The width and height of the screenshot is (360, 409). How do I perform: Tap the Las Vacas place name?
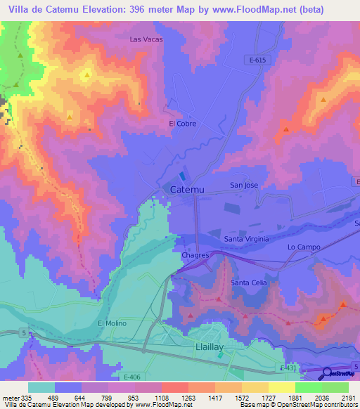point(146,39)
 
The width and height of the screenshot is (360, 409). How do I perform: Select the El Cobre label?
point(182,124)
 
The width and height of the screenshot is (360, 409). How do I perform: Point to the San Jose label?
point(245,186)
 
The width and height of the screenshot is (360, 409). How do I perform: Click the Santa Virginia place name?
point(246,239)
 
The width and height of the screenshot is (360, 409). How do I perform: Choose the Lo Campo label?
point(304,247)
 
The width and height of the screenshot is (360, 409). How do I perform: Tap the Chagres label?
point(195,256)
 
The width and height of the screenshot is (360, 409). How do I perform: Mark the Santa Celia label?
point(249,283)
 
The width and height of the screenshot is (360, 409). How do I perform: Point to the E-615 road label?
point(258,60)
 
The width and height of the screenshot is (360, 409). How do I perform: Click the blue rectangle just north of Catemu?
point(184,176)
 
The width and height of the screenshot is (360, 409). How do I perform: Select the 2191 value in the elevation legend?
point(348,398)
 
